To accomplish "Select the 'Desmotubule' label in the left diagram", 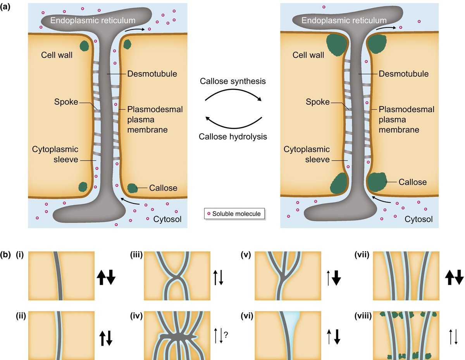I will point(146,74).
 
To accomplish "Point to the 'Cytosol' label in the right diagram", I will point(418,219).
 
